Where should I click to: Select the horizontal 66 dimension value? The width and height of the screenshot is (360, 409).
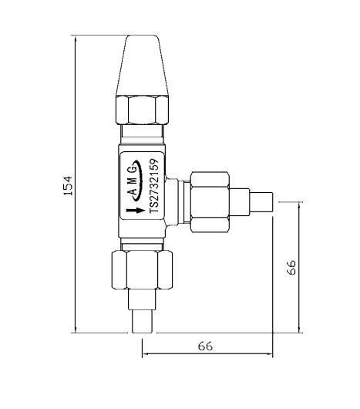pyautogui.click(x=205, y=346)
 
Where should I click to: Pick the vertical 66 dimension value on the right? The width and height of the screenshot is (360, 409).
pyautogui.click(x=291, y=267)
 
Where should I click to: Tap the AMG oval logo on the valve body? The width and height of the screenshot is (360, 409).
pyautogui.click(x=133, y=181)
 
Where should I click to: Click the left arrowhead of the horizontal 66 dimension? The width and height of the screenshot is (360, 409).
pyautogui.click(x=146, y=356)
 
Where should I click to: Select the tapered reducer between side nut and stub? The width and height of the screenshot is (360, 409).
pyautogui.click(x=244, y=202)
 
